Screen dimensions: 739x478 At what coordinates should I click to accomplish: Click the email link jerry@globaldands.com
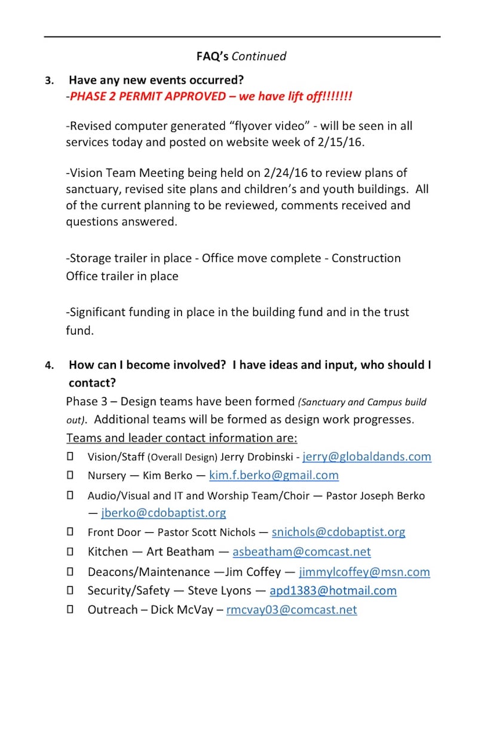coord(367,457)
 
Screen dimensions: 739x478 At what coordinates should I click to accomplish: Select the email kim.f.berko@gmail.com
coord(274,476)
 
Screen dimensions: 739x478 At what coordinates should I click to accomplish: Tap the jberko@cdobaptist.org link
coord(164,513)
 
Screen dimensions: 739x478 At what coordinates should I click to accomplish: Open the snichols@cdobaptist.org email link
coord(338,532)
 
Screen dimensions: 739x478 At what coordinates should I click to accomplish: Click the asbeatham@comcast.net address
coord(301,552)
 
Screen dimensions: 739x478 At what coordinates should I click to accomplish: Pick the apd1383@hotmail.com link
coord(333,591)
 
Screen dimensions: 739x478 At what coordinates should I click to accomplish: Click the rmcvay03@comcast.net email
coord(291,610)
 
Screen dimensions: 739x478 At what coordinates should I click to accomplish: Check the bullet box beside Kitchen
coord(70,551)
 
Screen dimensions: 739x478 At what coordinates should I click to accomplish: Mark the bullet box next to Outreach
coord(70,609)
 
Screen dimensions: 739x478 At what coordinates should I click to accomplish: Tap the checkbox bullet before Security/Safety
coord(70,590)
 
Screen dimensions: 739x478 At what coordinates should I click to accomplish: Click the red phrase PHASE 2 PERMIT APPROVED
coord(147,97)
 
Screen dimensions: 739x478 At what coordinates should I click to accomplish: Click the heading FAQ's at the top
coord(212,57)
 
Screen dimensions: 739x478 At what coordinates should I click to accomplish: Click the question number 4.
coord(49,366)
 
